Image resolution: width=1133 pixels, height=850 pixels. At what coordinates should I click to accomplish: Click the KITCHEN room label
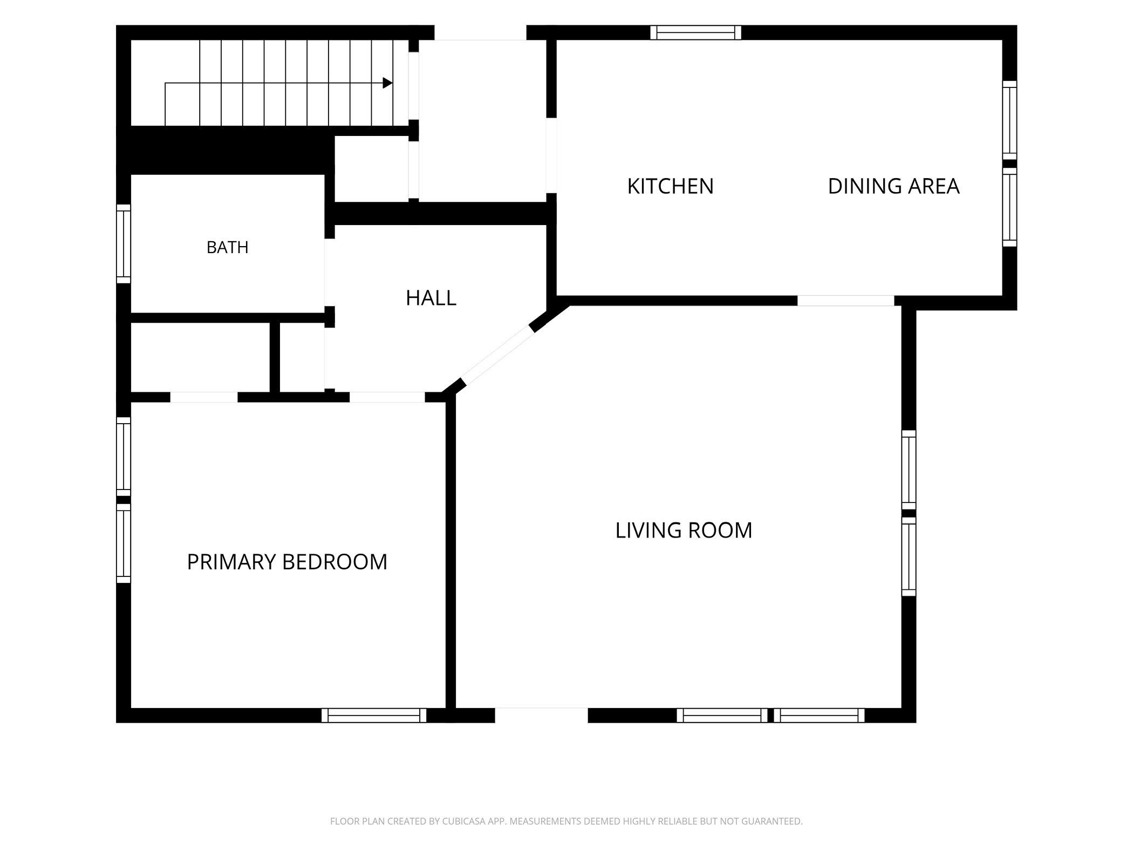click(670, 186)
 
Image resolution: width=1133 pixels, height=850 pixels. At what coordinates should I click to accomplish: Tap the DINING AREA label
click(893, 186)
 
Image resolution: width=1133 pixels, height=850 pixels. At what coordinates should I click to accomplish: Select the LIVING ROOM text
click(684, 531)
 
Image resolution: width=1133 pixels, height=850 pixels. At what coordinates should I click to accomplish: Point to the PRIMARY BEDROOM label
click(287, 562)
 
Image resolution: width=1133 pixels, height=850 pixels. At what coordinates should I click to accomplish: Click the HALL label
click(431, 298)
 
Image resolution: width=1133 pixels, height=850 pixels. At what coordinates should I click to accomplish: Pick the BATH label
click(228, 247)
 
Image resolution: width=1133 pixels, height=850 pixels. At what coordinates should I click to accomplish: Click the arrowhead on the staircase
click(387, 83)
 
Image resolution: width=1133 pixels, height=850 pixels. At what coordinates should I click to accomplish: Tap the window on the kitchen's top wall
click(695, 33)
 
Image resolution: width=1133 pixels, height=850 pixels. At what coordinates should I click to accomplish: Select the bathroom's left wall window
click(124, 243)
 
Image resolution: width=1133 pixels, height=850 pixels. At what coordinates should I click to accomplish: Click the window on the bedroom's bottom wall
click(374, 715)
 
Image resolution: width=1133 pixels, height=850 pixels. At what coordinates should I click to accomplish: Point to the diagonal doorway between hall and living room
click(498, 356)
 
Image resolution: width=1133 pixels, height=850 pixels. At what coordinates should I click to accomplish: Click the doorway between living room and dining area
click(845, 301)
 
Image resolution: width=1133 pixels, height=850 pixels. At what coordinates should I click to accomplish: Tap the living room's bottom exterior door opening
click(541, 715)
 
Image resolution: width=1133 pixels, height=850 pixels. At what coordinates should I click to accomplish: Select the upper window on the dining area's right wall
click(1009, 120)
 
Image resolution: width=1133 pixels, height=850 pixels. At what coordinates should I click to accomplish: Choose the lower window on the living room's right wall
click(909, 557)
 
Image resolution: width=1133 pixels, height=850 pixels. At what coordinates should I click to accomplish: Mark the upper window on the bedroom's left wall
click(124, 457)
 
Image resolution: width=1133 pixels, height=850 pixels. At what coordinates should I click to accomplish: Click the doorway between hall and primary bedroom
click(387, 397)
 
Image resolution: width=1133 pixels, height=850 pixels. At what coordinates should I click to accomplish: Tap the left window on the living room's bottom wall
click(722, 715)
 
